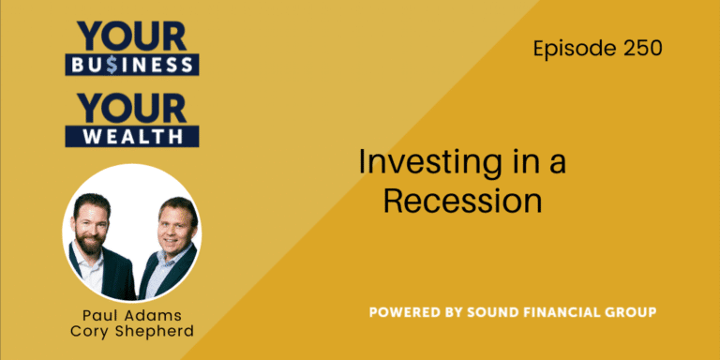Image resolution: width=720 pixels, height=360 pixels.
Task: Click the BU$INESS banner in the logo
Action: point(130,65)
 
